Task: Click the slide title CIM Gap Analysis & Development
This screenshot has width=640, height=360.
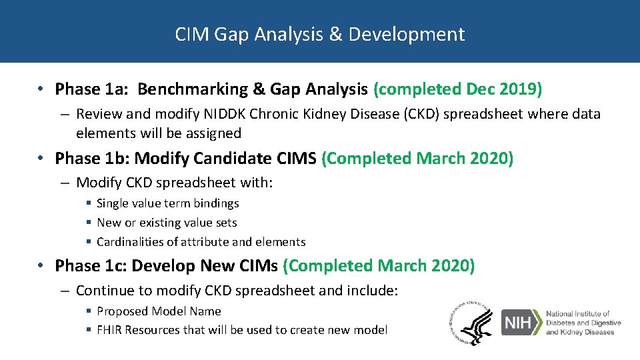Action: click(x=319, y=34)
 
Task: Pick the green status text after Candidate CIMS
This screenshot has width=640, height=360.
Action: click(x=417, y=159)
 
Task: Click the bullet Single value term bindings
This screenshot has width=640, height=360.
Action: click(x=167, y=203)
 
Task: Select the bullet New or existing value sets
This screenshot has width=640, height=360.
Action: click(x=167, y=223)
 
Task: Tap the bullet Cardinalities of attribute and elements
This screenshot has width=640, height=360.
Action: click(x=201, y=242)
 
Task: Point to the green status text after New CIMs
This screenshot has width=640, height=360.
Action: click(x=379, y=266)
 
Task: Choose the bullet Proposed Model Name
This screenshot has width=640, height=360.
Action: click(x=159, y=311)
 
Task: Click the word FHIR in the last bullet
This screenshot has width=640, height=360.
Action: click(x=109, y=330)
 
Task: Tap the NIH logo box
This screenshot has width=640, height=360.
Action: click(x=521, y=323)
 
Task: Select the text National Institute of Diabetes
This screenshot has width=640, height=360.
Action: click(x=578, y=318)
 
